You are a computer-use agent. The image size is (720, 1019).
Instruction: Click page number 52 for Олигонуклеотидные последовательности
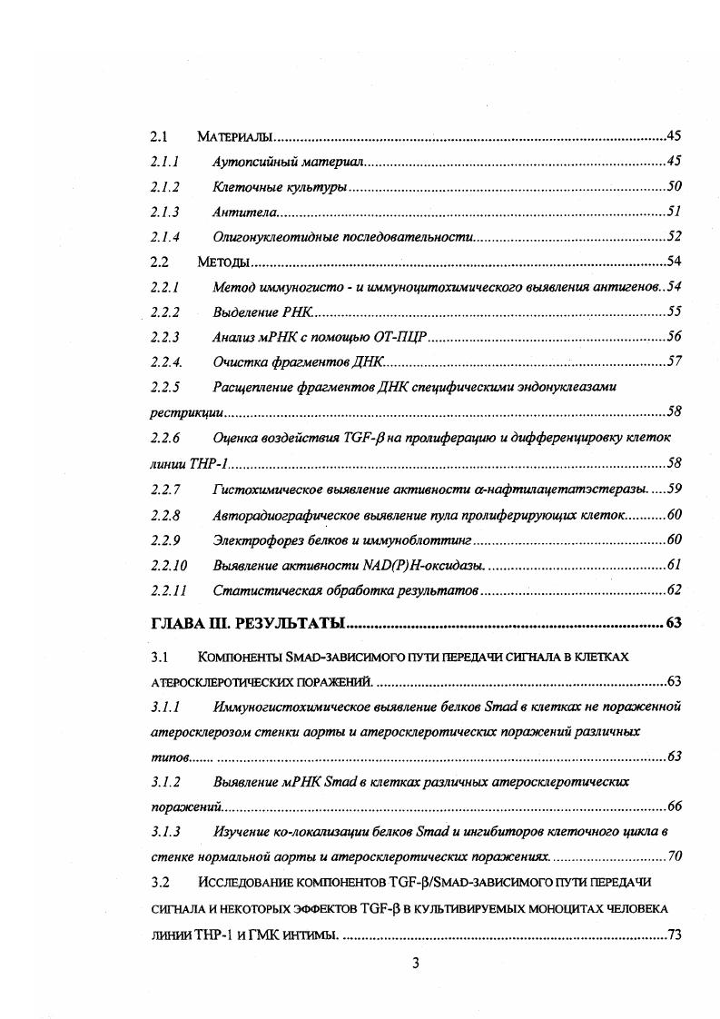(x=674, y=237)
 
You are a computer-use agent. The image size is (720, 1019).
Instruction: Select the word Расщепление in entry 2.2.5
(x=253, y=387)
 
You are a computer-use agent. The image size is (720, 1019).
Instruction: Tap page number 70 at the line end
(x=674, y=856)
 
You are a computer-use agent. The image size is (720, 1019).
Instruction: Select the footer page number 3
(x=415, y=964)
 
